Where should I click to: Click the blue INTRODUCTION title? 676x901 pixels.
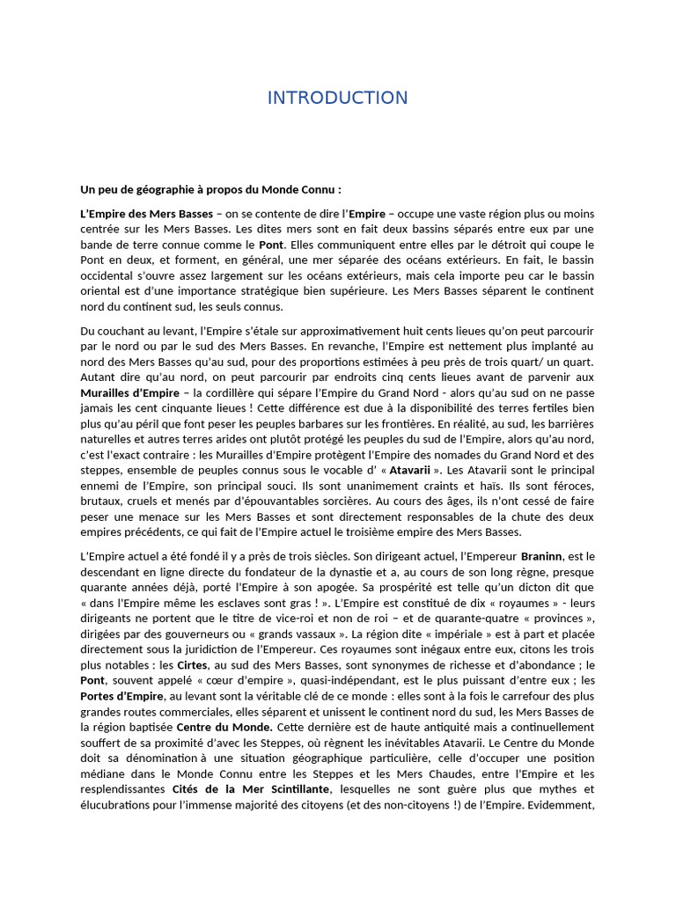pos(337,98)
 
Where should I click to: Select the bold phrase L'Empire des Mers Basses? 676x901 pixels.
pos(146,214)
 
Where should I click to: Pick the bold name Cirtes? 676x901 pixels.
pos(194,665)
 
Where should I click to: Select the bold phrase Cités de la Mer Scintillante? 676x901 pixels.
pos(244,789)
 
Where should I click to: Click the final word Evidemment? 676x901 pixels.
pos(563,805)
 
